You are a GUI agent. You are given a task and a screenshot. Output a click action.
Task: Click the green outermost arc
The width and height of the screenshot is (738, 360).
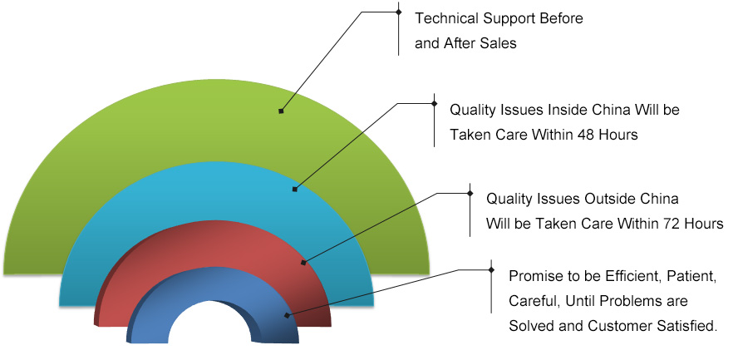217,122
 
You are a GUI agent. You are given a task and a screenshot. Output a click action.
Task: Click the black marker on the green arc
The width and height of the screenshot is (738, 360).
281,111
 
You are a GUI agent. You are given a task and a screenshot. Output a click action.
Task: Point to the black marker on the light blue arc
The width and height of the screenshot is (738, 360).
295,190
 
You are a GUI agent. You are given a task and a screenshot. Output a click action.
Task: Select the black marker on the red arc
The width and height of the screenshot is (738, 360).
303,263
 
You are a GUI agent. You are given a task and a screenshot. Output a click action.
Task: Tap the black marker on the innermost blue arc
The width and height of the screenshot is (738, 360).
287,315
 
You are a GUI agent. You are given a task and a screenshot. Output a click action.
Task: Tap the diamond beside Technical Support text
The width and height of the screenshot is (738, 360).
399,12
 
